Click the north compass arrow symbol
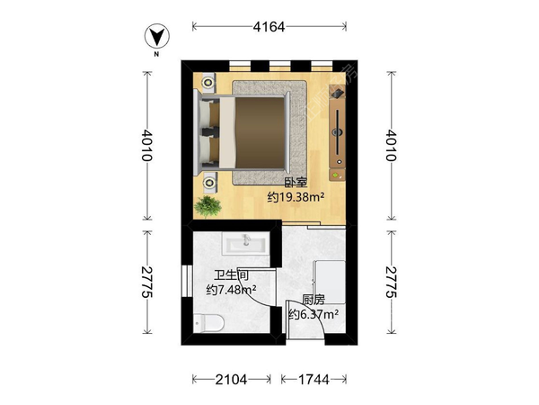[x=157, y=35]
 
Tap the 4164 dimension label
[x=269, y=26]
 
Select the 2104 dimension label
[x=231, y=380]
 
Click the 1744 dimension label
[x=314, y=380]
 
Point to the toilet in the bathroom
[x=208, y=323]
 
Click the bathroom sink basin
[x=245, y=243]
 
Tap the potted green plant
[x=208, y=206]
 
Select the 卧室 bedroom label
[x=296, y=183]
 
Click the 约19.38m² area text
[x=296, y=197]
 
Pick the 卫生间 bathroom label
[x=232, y=275]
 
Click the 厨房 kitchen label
[x=314, y=300]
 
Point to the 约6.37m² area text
[x=314, y=314]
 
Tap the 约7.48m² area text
[x=231, y=290]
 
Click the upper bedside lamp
[x=208, y=83]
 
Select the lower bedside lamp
[x=208, y=181]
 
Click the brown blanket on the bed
[x=261, y=132]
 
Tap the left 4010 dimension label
[x=147, y=145]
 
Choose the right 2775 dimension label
[x=391, y=282]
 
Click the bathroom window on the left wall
[x=188, y=281]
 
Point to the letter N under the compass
[x=156, y=54]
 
